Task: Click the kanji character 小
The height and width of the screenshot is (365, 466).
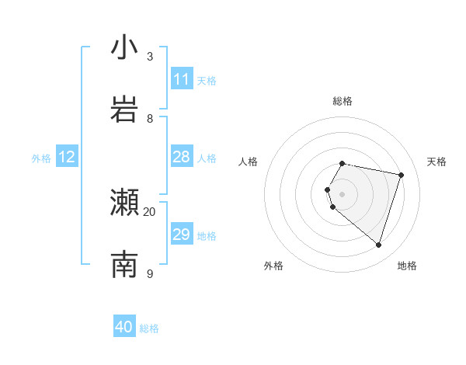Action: [x=124, y=48]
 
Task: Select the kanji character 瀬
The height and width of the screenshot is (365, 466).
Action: [x=124, y=203]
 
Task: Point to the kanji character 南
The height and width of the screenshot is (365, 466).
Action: [x=124, y=264]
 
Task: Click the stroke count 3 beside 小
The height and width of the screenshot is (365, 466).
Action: [x=150, y=57]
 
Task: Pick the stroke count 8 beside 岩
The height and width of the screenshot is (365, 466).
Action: [x=150, y=118]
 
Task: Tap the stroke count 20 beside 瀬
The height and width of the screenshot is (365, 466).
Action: [x=150, y=212]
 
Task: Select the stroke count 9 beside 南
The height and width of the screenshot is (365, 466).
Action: [x=150, y=273]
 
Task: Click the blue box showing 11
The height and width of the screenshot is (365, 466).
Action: [x=182, y=79]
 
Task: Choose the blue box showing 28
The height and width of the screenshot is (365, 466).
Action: [x=182, y=157]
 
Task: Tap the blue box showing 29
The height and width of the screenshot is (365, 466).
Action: [x=182, y=235]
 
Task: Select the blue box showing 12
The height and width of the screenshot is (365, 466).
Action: [x=67, y=157]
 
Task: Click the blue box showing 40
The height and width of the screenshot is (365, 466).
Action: [x=124, y=327]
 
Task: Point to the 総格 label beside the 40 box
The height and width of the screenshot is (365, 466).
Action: [x=149, y=328]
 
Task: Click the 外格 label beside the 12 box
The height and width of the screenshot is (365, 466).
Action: [x=41, y=158]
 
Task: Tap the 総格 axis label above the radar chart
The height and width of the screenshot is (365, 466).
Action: [x=343, y=101]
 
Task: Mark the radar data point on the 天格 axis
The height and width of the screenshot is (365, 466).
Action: [x=401, y=175]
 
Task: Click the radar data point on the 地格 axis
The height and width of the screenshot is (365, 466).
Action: [x=378, y=245]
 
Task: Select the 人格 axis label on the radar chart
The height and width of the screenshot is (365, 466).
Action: [x=249, y=162]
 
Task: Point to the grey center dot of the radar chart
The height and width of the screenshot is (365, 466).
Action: [x=343, y=193]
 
